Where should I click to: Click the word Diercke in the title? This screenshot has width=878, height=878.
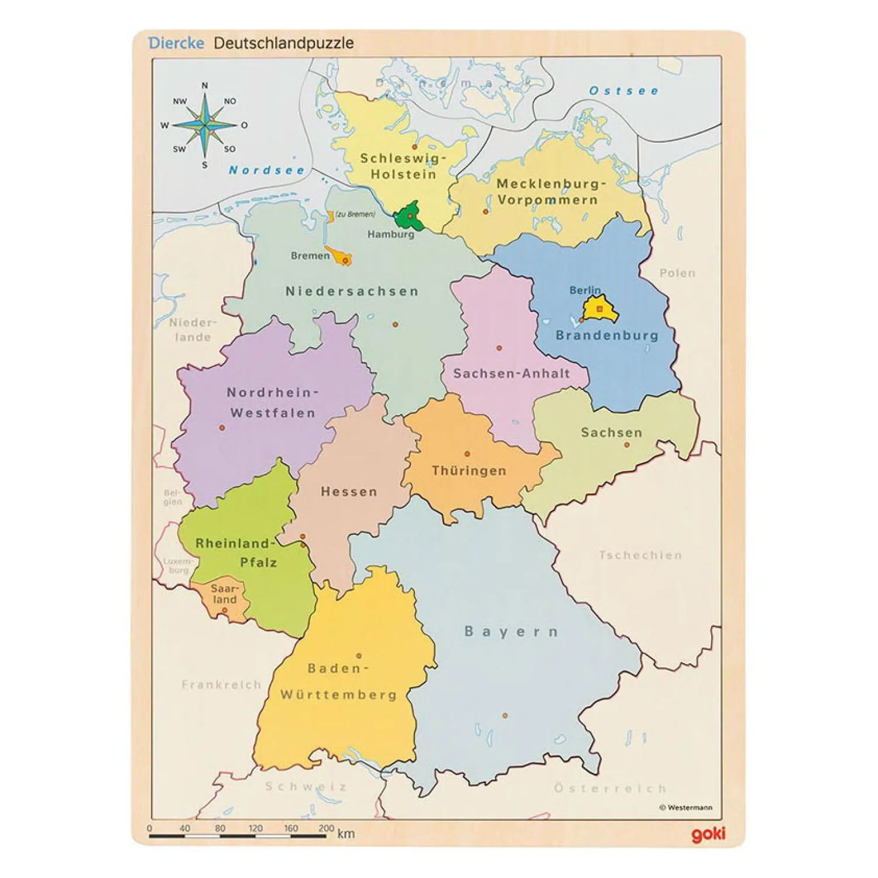[x=176, y=43]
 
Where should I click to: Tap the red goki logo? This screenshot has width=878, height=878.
[x=708, y=834]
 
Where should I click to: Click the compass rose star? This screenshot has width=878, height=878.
[x=205, y=125]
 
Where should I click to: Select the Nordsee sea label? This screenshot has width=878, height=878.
[x=266, y=170]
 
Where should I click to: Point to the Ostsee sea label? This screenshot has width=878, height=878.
[x=623, y=91]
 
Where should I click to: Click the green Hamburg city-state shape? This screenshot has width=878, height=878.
[x=409, y=216]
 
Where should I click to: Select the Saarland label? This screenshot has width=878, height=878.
[x=224, y=594]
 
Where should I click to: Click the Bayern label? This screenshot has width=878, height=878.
[x=510, y=632]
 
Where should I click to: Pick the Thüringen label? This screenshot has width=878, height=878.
[x=469, y=471]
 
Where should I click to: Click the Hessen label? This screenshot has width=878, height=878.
[x=349, y=492]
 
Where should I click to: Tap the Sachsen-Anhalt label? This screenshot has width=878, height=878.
[x=512, y=373]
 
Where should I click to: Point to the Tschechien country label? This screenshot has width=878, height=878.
[x=640, y=555]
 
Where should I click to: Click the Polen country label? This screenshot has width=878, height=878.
[x=677, y=273]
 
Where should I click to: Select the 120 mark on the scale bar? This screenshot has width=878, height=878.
[x=255, y=828]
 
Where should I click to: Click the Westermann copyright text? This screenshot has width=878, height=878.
[x=685, y=807]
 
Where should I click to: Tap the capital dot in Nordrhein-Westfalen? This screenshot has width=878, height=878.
[x=222, y=428]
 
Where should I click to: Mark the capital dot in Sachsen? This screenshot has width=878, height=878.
[x=626, y=445]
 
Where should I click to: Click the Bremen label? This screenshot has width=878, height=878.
[x=310, y=256]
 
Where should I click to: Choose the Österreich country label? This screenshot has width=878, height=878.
[x=610, y=788]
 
